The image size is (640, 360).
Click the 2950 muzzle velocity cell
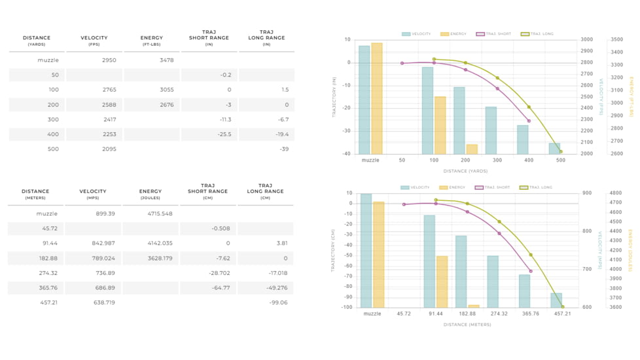[109, 60]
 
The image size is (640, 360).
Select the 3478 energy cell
[167, 60]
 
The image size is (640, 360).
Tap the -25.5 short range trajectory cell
[224, 134]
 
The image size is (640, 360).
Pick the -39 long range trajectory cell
[284, 149]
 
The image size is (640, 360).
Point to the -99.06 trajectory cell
[277, 303]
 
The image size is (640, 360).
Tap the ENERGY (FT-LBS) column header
[152, 41]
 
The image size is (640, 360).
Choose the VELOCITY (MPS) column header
[93, 194]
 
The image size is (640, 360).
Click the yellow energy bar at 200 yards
[472, 149]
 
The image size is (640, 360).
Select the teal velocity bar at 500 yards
[554, 149]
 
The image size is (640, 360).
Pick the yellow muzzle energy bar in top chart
[377, 98]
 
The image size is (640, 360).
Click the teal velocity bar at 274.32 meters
[493, 281]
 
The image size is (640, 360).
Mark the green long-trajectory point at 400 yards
[529, 107]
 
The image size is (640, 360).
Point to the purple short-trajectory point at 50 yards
[402, 63]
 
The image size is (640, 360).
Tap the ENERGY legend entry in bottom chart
[453, 188]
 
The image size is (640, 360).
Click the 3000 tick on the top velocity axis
[587, 40]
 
